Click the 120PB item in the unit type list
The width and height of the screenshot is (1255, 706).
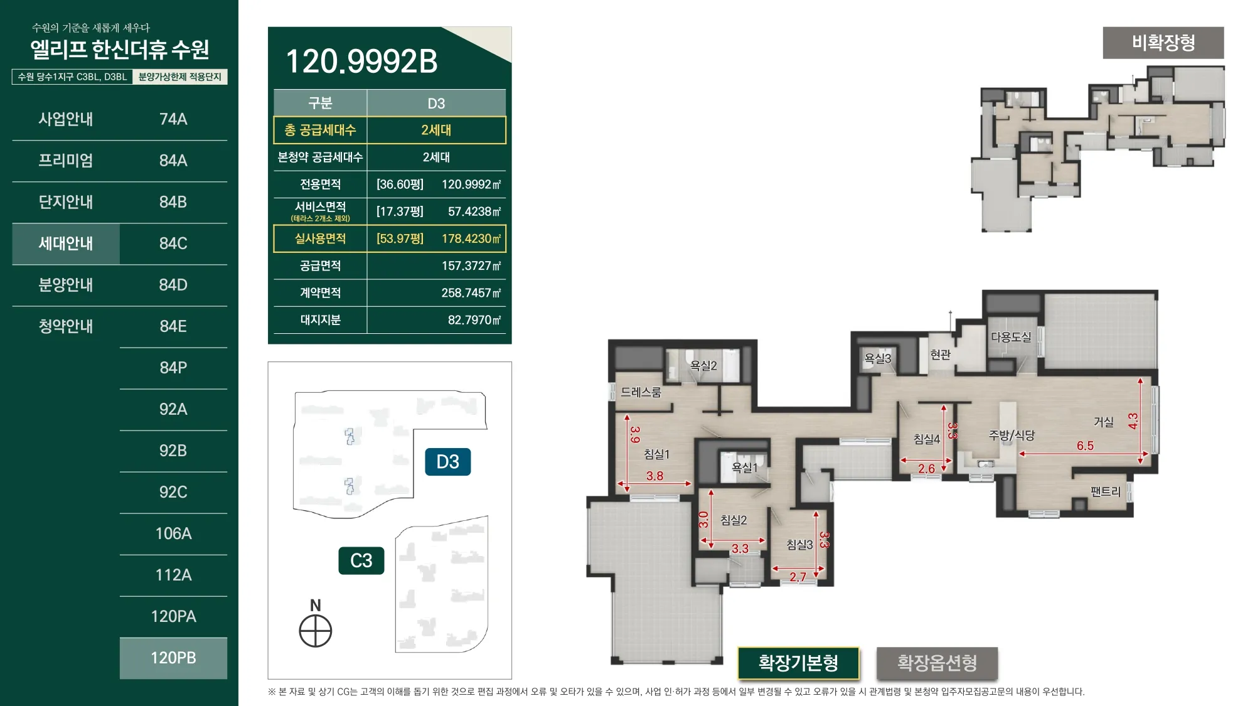tap(173, 658)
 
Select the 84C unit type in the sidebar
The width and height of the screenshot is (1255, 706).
tap(173, 243)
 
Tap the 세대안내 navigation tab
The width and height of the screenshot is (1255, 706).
tap(66, 243)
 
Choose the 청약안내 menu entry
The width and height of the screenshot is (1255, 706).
tap(66, 326)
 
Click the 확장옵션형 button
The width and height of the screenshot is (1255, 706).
tap(937, 663)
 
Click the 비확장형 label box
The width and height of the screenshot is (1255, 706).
tap(1163, 43)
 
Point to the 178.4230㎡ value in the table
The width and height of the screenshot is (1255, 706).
tap(471, 238)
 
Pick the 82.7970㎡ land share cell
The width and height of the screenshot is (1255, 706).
tap(474, 320)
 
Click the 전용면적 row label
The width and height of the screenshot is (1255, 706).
tap(320, 185)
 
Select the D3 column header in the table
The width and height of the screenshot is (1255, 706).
tap(436, 104)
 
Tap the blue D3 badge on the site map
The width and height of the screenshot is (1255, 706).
tap(447, 462)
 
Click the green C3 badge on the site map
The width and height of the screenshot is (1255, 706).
tap(361, 560)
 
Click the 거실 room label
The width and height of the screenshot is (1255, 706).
tap(1103, 422)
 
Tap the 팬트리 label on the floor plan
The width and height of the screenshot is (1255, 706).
tap(1106, 491)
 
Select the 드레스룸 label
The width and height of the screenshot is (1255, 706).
tap(641, 392)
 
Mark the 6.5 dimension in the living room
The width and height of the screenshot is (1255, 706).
tap(1085, 446)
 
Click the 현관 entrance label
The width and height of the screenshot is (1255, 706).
tap(940, 355)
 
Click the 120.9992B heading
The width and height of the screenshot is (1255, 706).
tap(361, 61)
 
